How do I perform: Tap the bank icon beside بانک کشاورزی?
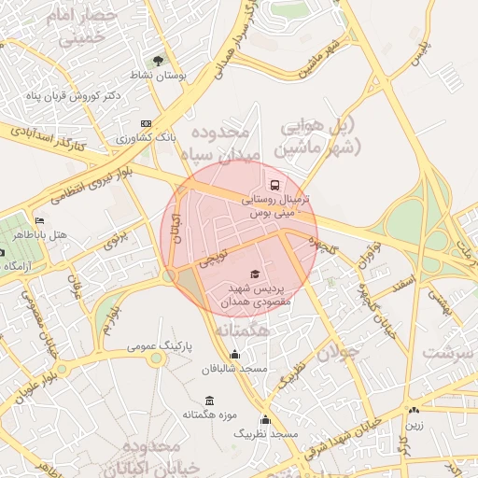146,123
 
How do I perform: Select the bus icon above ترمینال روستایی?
274,185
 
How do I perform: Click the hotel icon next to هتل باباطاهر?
38,221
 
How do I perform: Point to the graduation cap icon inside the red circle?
254,273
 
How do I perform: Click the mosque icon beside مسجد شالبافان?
233,355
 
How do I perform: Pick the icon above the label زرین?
414,409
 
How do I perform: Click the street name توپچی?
209,256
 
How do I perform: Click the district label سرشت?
448,353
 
